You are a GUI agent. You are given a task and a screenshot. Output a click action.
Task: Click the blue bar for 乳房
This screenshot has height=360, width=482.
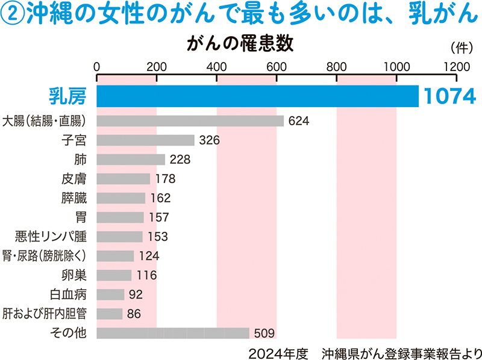pyautogui.click(x=257, y=96)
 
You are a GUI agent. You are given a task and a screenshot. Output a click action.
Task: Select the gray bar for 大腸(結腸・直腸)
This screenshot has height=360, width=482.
pyautogui.click(x=190, y=121)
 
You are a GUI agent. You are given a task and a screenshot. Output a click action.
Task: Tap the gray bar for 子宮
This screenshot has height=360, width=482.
pyautogui.click(x=145, y=140)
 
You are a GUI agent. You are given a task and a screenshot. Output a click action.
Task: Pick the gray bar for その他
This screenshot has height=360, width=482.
pyautogui.click(x=173, y=333)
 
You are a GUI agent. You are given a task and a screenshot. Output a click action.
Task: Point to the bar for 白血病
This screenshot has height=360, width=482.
pyautogui.click(x=110, y=294)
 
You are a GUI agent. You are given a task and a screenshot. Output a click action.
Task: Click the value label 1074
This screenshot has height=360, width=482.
pyautogui.click(x=449, y=96)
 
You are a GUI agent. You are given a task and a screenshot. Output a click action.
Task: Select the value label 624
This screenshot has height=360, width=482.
pyautogui.click(x=299, y=121)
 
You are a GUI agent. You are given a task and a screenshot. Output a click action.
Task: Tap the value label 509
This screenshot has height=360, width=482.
pyautogui.click(x=264, y=333)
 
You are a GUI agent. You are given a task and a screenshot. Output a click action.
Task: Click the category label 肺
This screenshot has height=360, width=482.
pyautogui.click(x=80, y=160)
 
